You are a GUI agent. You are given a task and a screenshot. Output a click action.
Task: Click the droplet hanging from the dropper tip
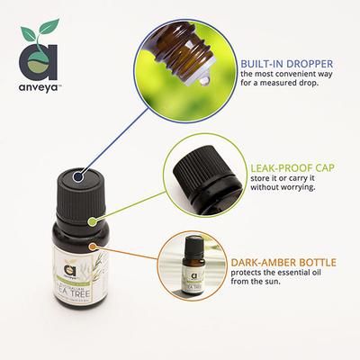(x=205, y=76)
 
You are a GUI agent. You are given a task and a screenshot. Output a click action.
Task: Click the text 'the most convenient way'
(x=288, y=78)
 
